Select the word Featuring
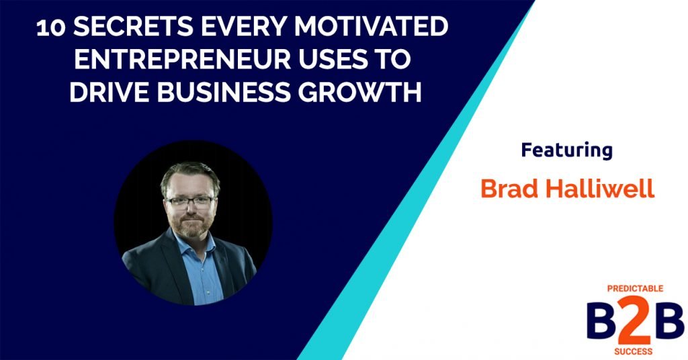click(x=566, y=150)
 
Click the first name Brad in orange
click(x=510, y=189)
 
